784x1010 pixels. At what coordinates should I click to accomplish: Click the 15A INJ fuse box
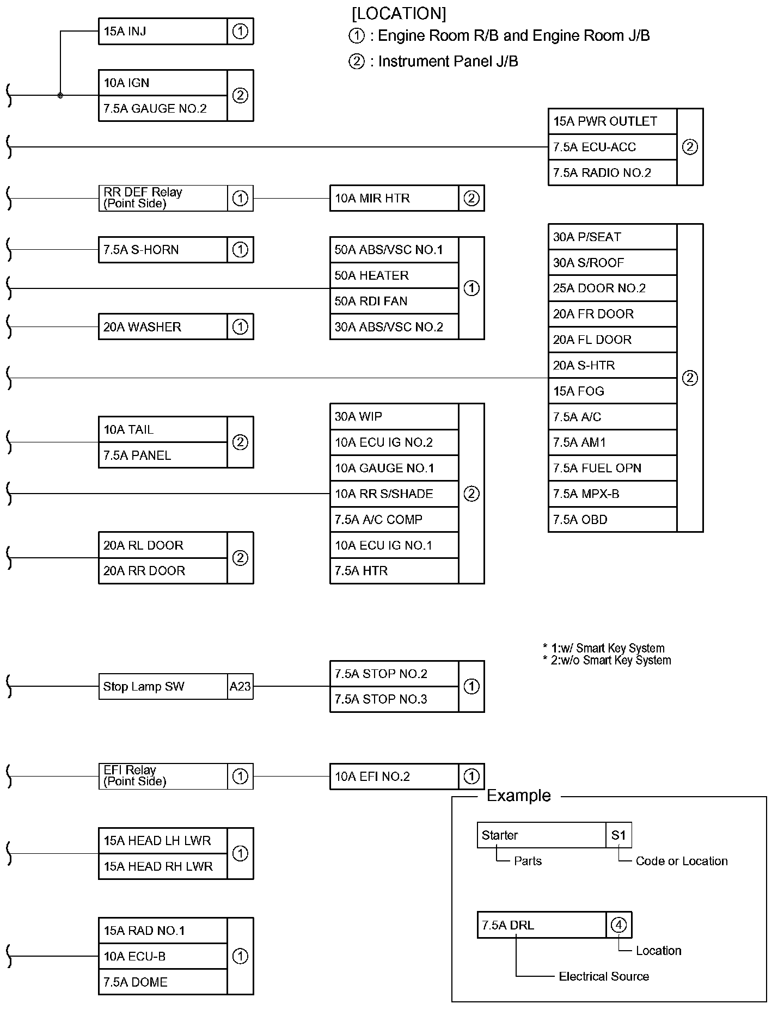163,32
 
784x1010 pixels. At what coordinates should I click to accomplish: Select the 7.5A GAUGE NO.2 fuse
163,108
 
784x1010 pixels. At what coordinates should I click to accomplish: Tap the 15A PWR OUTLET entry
612,121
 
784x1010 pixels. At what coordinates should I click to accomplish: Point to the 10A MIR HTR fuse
394,198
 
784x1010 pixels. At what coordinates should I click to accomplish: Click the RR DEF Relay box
163,198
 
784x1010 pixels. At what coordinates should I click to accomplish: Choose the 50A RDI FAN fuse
394,301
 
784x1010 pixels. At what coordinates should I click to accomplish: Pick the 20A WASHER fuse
163,327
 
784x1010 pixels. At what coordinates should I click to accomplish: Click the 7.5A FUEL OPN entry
612,468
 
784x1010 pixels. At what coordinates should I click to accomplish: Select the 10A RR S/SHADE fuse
394,494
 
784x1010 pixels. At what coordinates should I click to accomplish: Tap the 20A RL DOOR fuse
163,545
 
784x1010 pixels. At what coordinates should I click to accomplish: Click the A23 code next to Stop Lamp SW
240,686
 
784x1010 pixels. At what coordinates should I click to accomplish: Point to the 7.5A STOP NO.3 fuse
394,699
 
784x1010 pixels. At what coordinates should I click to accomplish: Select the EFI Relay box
163,776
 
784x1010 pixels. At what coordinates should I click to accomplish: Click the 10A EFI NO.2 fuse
394,777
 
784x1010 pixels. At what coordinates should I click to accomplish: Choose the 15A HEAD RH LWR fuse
163,866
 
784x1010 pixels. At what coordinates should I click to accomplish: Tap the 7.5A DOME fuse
163,982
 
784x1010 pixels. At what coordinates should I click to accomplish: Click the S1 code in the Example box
618,835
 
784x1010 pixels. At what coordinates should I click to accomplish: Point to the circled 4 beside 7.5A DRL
618,925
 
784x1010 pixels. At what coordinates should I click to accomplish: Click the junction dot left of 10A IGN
60,95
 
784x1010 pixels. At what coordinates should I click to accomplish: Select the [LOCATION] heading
399,13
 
